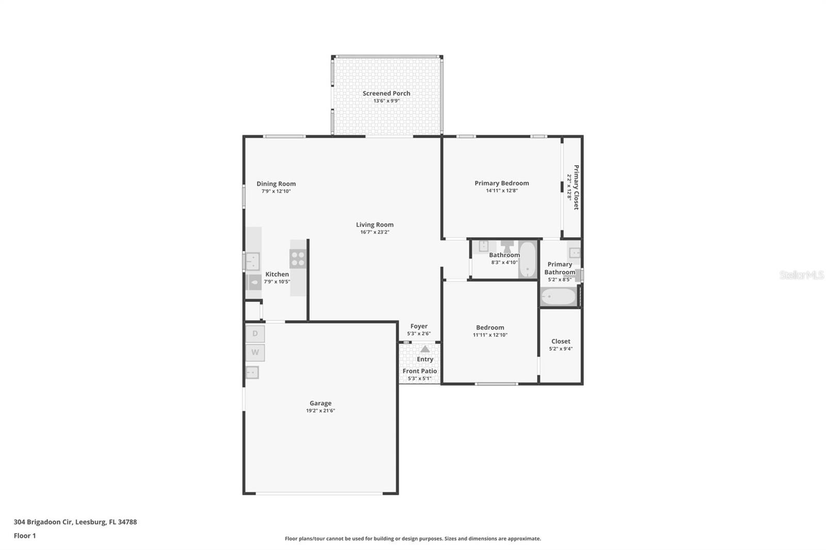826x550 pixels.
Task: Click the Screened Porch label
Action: tap(386, 93)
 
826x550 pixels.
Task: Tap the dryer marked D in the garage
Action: tap(255, 334)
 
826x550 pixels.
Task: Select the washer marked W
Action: tap(255, 353)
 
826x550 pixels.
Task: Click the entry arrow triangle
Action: tap(425, 349)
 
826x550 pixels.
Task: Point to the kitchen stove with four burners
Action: tap(298, 258)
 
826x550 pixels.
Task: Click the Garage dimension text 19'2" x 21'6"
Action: tap(320, 411)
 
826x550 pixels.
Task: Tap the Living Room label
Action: tap(375, 224)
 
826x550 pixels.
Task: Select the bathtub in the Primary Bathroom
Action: tap(558, 297)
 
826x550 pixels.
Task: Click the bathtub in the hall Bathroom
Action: tap(527, 259)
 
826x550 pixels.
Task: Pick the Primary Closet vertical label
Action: tap(576, 187)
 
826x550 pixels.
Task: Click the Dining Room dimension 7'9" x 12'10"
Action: tap(276, 191)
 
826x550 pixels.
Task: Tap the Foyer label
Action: tap(419, 326)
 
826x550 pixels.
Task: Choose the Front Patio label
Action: tap(420, 371)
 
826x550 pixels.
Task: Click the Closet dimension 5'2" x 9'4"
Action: tap(561, 349)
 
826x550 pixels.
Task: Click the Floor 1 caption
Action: tap(25, 536)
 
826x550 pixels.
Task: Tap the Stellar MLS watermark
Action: tap(801, 275)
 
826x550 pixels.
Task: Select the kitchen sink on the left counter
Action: tap(252, 261)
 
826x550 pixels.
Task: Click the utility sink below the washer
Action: tap(252, 372)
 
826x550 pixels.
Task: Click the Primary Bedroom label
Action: tap(502, 183)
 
